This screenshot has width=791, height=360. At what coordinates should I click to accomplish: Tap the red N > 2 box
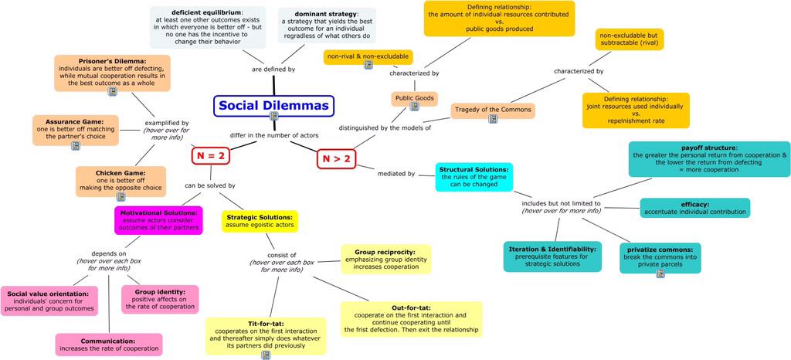[338, 159]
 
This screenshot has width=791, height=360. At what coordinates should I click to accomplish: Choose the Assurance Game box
[75, 131]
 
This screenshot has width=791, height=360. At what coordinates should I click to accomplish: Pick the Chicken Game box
[121, 182]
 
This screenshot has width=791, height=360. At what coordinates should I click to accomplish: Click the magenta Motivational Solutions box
[159, 220]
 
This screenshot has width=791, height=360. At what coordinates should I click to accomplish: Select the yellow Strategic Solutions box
[260, 221]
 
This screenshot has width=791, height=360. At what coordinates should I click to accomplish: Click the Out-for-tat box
[411, 318]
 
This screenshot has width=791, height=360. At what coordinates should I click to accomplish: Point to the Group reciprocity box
[385, 259]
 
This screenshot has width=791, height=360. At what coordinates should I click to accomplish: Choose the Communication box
[109, 344]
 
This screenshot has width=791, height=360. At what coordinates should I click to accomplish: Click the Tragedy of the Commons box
[492, 110]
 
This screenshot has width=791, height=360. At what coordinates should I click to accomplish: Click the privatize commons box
[660, 258]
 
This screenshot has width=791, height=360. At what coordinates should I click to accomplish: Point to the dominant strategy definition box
[327, 25]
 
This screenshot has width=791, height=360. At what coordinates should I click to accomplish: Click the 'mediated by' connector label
[395, 173]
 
